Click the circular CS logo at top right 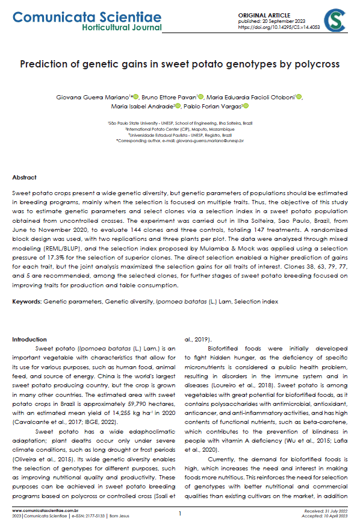pos(335,21)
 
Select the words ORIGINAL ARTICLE pos(265,14)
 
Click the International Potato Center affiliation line pos(179,129)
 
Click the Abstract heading pos(25,178)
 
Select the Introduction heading pos(29,340)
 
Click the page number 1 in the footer pos(179,513)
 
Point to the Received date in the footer pos(328,511)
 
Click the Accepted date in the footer pos(328,516)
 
